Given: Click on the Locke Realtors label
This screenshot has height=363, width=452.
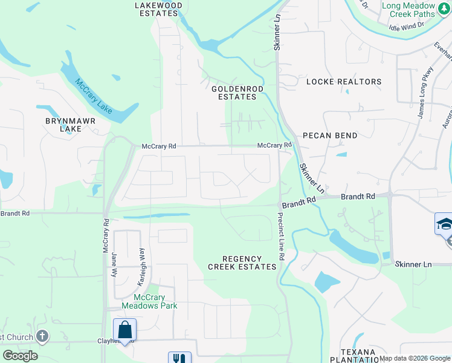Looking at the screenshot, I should pyautogui.click(x=344, y=82).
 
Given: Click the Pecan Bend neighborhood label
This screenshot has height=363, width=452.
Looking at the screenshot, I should pyautogui.click(x=330, y=136).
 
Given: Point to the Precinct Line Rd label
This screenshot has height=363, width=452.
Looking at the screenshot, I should pyautogui.click(x=281, y=237).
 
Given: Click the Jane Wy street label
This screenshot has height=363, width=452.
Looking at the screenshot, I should pyautogui.click(x=114, y=265).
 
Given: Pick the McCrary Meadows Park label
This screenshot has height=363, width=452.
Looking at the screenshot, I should pyautogui.click(x=150, y=301).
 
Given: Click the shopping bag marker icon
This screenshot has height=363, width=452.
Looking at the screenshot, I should pyautogui.click(x=124, y=330).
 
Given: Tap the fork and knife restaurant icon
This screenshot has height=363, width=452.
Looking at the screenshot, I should pyautogui.click(x=179, y=358).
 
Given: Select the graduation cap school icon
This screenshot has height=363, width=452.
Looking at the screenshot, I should pyautogui.click(x=444, y=224).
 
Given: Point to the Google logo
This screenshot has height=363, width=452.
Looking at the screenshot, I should pyautogui.click(x=21, y=356).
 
